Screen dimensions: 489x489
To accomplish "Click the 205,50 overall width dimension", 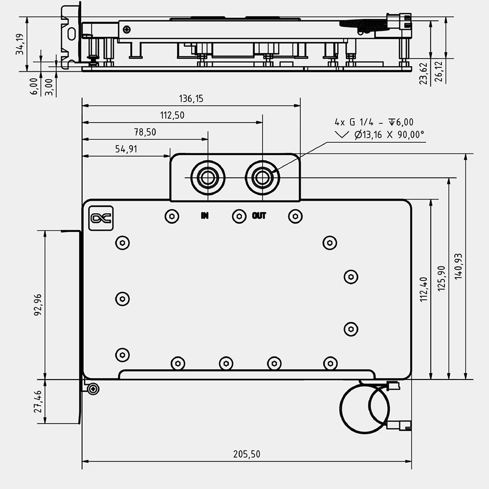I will click(x=246, y=454).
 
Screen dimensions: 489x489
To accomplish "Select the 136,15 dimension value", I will click(x=191, y=99).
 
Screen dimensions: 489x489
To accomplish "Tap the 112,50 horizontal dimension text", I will click(x=173, y=115).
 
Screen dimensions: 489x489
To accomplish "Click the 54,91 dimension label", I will click(x=126, y=149).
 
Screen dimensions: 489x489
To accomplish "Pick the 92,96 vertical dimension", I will click(x=38, y=304).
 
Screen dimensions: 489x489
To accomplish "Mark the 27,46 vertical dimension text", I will click(x=38, y=401).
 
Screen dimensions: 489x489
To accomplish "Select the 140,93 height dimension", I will click(x=458, y=267).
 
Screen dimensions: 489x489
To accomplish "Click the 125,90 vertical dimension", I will click(x=442, y=279).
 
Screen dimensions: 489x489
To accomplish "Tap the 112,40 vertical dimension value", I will click(x=423, y=289).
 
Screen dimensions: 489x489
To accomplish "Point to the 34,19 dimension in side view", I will click(x=20, y=44).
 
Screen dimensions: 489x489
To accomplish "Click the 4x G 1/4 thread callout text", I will click(x=374, y=122).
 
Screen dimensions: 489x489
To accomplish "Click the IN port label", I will click(x=204, y=216).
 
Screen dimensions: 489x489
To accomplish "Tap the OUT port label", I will click(x=259, y=216).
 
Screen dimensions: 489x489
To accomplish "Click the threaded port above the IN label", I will click(x=208, y=178).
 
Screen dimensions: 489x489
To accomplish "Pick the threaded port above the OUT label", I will click(x=262, y=178).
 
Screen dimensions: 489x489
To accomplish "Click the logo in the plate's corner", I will click(x=101, y=218).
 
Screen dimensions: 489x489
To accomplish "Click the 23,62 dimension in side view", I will click(x=423, y=74).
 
